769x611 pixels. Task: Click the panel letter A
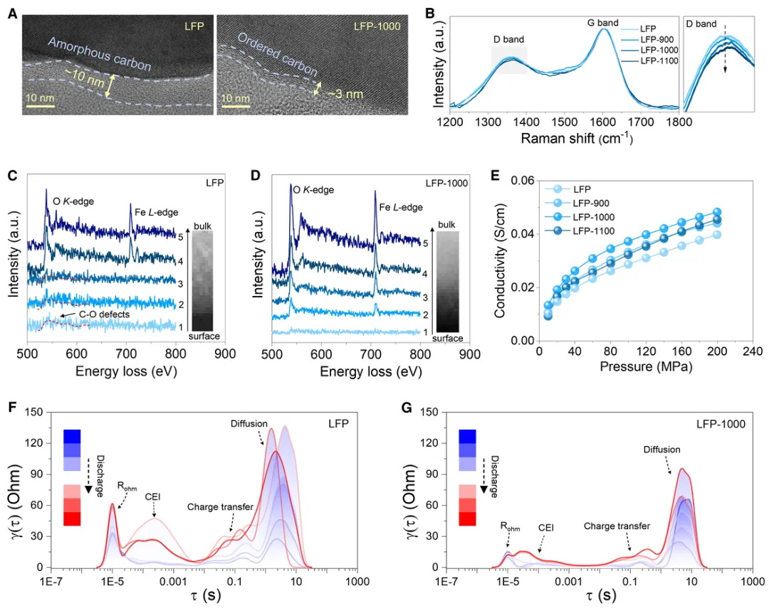click(x=11, y=12)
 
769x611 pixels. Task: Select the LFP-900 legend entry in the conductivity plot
click(x=585, y=202)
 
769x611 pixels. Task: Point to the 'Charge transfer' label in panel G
click(x=617, y=526)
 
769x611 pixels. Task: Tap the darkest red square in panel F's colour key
click(x=74, y=519)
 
